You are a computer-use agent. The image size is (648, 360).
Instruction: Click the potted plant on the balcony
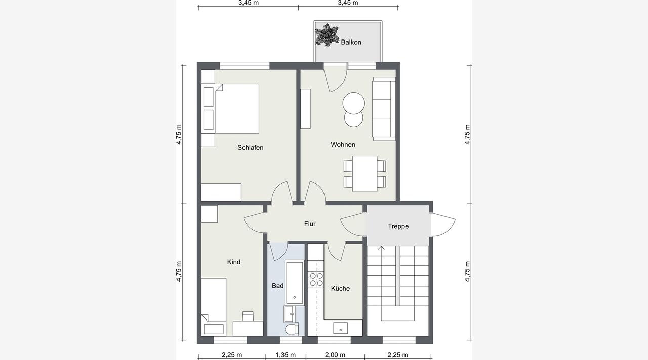coord(327,35)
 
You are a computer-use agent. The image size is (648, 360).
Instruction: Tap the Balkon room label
coord(351,42)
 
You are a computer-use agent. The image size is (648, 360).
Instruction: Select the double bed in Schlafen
coord(230,108)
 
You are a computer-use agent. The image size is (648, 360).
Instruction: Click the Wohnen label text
coord(343,144)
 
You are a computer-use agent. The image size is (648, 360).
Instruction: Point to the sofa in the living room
coord(384,109)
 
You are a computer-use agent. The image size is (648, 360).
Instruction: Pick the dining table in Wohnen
coord(365,174)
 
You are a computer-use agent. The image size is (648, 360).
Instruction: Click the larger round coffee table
coord(353,103)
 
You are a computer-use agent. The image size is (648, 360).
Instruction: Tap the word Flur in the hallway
coord(310,224)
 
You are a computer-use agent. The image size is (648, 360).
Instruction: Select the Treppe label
coord(398,226)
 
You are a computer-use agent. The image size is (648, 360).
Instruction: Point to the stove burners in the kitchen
coord(316,279)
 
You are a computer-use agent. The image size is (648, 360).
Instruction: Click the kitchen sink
coord(341,328)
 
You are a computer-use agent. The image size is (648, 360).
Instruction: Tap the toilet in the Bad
coord(292,329)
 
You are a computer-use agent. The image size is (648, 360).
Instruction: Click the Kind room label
coord(234,262)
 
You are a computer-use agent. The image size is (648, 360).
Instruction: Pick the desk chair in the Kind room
coord(248,316)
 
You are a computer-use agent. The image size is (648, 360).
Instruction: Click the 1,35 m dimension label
coord(286,355)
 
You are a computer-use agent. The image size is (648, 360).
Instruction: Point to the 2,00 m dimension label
coord(335,355)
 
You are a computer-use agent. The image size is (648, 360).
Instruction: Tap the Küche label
coord(341,288)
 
